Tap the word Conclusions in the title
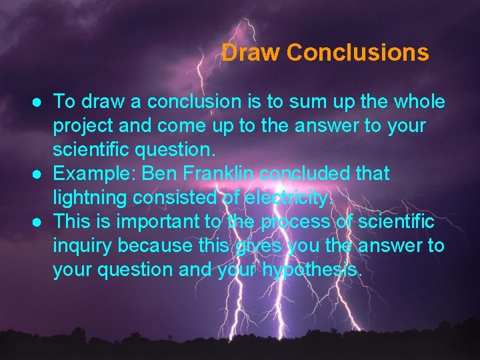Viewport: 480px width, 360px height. (x=357, y=52)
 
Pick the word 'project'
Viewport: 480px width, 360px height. (x=82, y=127)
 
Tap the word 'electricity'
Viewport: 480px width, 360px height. (x=293, y=199)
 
